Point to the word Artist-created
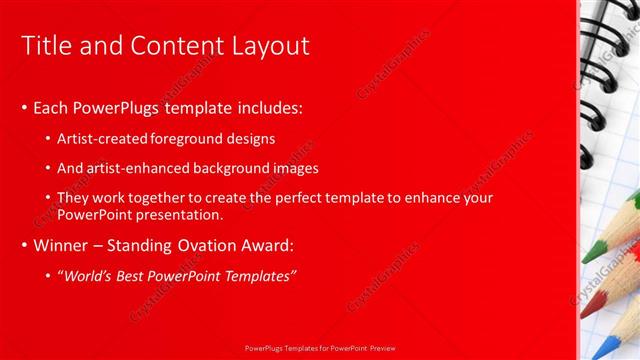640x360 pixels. pyautogui.click(x=101, y=138)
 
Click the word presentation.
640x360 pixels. pyautogui.click(x=181, y=214)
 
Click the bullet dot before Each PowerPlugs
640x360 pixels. pyautogui.click(x=24, y=107)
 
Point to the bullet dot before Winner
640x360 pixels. pyautogui.click(x=24, y=246)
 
